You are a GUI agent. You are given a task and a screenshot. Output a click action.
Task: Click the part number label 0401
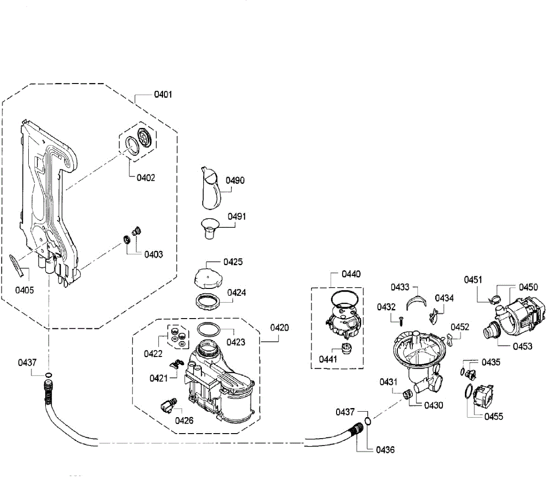[163, 94]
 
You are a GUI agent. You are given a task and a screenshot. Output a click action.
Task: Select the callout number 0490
[235, 180]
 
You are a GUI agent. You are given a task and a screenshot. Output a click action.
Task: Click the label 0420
[279, 328]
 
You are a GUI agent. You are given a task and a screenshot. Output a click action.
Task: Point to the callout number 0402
[146, 178]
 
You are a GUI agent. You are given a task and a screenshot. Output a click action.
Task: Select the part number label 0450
[528, 287]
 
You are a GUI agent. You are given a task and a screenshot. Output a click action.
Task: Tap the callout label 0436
[385, 450]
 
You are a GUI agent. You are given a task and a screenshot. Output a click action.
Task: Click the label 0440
[351, 274]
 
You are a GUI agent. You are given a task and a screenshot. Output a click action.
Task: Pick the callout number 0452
[460, 327]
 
